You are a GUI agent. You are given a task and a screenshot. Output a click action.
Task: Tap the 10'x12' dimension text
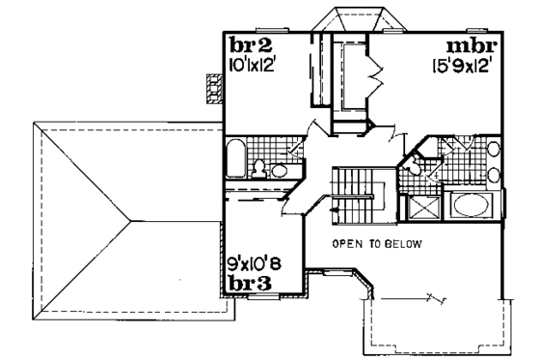(252, 66)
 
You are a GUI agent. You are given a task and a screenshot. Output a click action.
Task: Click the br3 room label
(248, 283)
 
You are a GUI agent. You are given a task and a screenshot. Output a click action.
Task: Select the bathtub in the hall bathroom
(235, 158)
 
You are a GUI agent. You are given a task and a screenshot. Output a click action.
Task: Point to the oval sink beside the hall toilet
(279, 171)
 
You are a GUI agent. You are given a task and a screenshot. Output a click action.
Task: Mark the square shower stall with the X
(421, 207)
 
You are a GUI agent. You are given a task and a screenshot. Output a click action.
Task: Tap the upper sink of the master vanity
(493, 150)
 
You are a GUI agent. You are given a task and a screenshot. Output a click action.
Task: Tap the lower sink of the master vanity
(493, 175)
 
